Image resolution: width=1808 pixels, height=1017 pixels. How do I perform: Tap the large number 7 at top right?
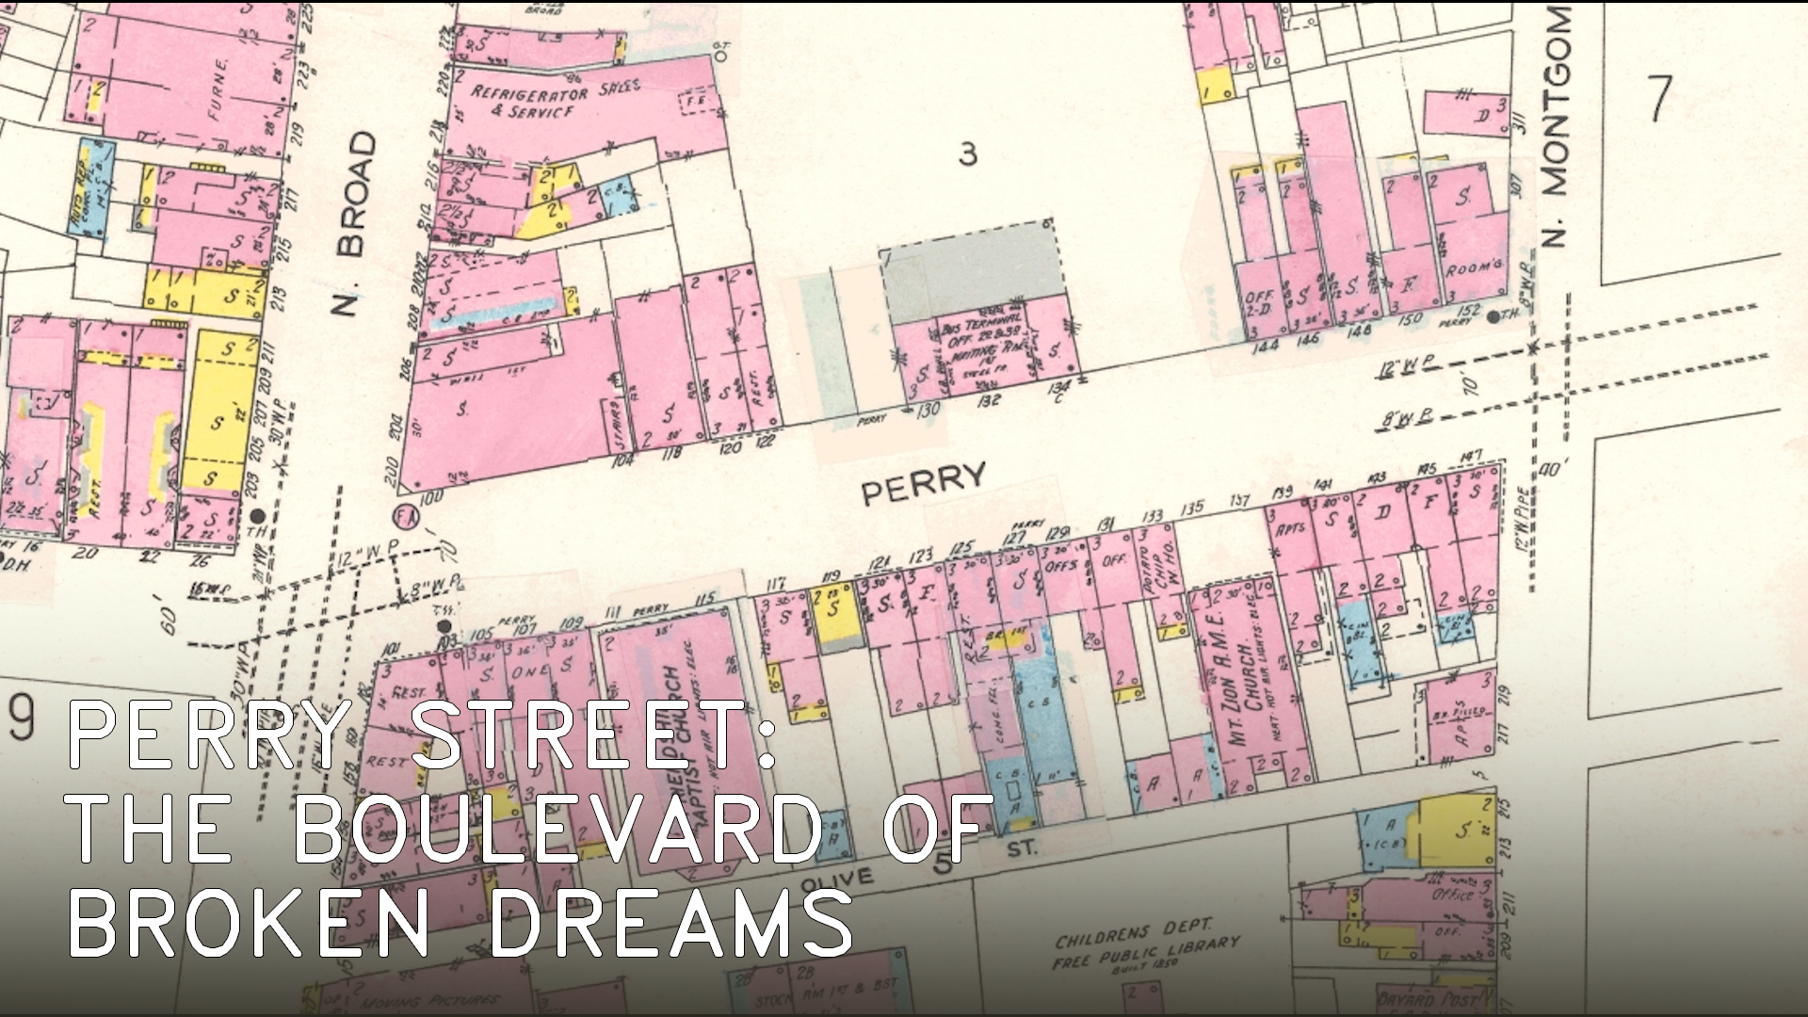pyautogui.click(x=1659, y=98)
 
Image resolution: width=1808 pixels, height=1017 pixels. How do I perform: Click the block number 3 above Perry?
pyautogui.click(x=968, y=153)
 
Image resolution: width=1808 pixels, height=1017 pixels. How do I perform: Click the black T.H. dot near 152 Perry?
pyautogui.click(x=1493, y=316)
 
